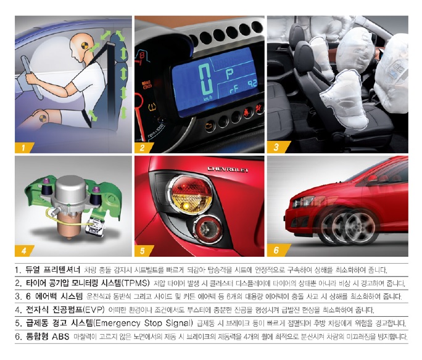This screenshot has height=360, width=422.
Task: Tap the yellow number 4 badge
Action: tap(24, 250)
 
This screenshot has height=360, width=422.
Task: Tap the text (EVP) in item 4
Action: tap(93, 310)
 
